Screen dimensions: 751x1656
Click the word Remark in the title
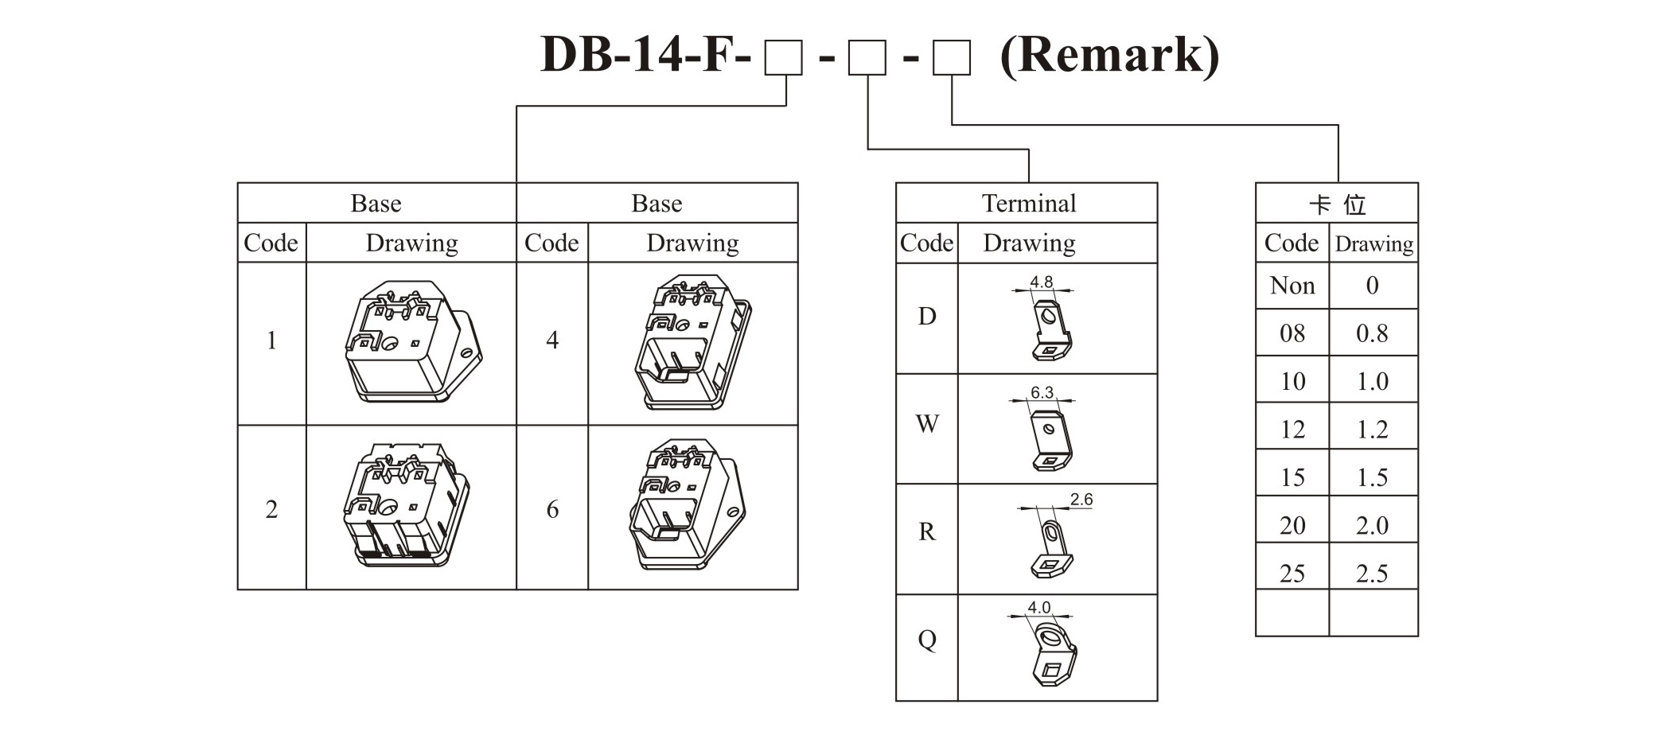[x=1109, y=56]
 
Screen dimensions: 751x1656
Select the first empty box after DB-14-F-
[x=783, y=59]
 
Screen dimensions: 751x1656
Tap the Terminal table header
[x=1027, y=204]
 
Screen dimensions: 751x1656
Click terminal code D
[x=926, y=317]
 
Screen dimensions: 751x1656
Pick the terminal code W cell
[x=926, y=424]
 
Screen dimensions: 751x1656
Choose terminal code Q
[x=926, y=640]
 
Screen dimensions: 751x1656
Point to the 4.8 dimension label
[x=1041, y=282]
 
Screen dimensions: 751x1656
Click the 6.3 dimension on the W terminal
[x=1042, y=392]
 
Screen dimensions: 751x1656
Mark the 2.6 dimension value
[x=1081, y=500]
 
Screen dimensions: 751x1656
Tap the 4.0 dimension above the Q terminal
[x=1038, y=607]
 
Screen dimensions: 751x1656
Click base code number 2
[x=271, y=509]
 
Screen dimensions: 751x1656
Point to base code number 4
[x=552, y=340]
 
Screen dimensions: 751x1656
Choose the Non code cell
[x=1292, y=286]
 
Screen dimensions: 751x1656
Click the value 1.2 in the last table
[x=1372, y=430]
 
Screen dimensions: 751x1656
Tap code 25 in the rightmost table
[x=1292, y=574]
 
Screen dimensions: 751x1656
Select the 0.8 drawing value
[x=1372, y=333]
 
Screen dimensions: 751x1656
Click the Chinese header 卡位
[x=1337, y=205]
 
